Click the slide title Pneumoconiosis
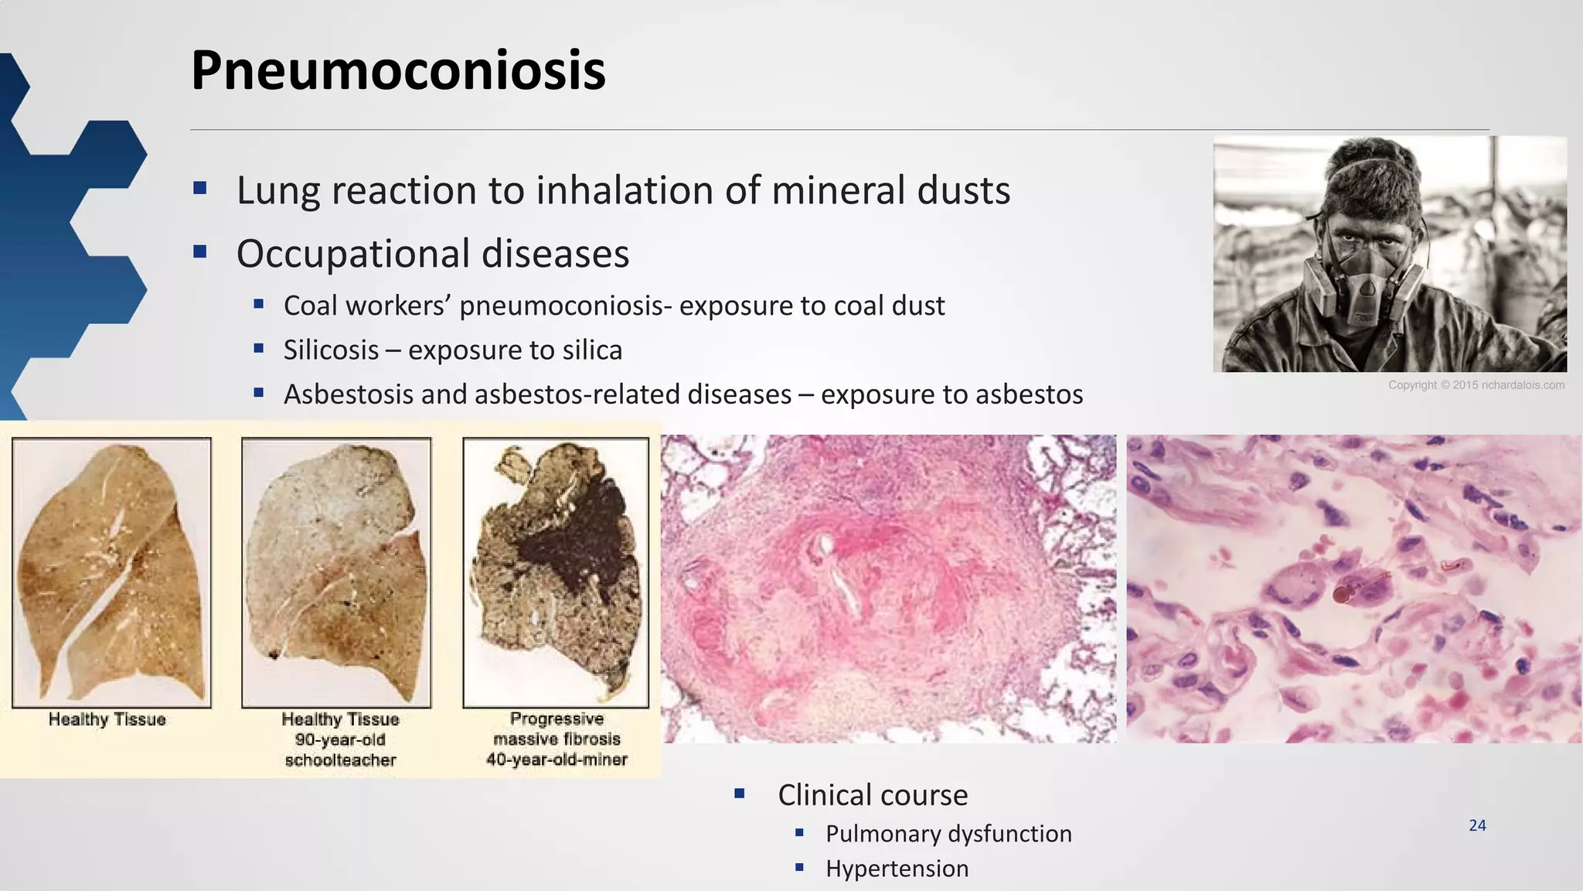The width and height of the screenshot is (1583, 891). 398,70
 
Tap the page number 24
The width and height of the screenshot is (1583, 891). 1477,825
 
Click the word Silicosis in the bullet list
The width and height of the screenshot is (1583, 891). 331,350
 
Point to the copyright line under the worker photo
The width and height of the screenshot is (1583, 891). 1476,385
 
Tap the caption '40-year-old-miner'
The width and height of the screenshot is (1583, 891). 557,760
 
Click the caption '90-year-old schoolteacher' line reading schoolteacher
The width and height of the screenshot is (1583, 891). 340,760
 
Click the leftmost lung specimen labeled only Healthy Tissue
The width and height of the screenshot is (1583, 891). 111,572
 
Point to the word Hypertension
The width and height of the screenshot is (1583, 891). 897,869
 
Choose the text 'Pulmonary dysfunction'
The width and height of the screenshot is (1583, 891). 948,834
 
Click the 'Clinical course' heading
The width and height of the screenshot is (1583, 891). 873,795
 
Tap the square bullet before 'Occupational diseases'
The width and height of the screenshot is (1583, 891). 200,251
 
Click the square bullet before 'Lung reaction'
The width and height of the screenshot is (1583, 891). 200,187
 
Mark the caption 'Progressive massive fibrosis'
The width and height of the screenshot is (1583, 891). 557,729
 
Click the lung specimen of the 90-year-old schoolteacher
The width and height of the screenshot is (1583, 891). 336,572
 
